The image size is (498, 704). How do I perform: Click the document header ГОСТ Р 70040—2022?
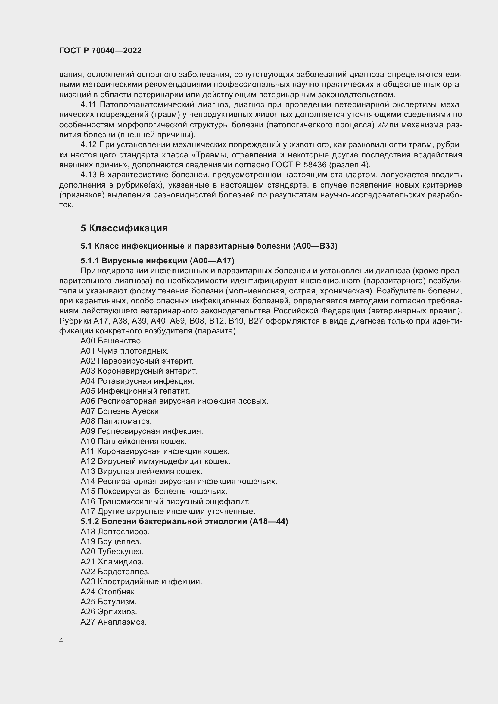(x=100, y=51)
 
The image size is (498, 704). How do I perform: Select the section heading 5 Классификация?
(x=124, y=228)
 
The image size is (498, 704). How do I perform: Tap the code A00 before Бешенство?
(x=88, y=341)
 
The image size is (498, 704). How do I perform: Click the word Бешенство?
(x=120, y=341)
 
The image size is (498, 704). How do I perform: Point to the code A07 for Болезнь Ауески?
(x=88, y=411)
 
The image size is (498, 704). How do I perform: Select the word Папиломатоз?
(x=125, y=421)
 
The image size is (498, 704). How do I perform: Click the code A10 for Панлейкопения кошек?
(x=88, y=441)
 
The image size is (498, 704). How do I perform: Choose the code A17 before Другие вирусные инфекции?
(x=88, y=511)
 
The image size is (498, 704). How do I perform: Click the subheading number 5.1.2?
(x=89, y=521)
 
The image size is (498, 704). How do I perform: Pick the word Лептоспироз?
(x=123, y=531)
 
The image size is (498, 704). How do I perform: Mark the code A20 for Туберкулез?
(x=88, y=551)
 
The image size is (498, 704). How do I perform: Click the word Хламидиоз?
(x=120, y=562)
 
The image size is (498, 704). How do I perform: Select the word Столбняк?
(x=117, y=591)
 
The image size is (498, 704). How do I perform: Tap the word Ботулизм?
(x=117, y=602)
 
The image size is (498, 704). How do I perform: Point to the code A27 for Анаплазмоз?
(x=88, y=622)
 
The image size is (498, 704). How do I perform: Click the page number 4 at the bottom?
(x=61, y=640)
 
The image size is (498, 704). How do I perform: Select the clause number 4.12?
(x=88, y=145)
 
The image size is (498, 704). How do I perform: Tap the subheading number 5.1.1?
(x=89, y=261)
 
